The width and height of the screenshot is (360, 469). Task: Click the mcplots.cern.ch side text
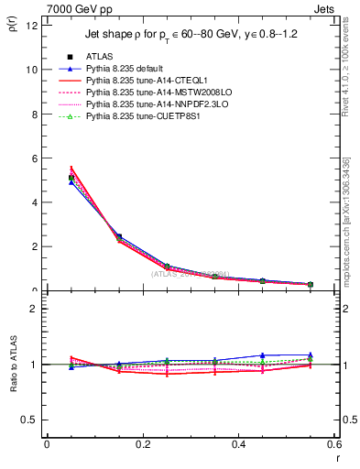click(348, 221)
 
